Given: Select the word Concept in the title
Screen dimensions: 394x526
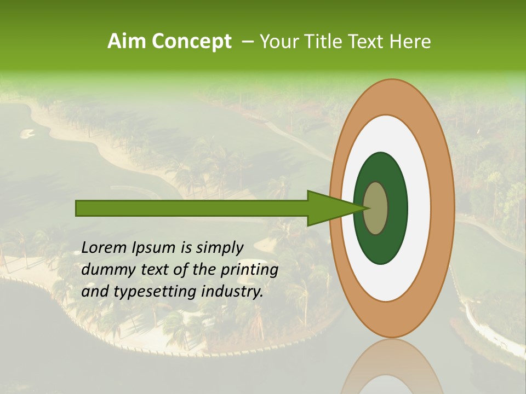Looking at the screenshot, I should pyautogui.click(x=191, y=42).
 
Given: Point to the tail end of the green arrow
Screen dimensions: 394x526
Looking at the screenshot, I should pyautogui.click(x=78, y=208).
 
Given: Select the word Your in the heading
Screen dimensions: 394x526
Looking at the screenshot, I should pyautogui.click(x=277, y=42).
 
